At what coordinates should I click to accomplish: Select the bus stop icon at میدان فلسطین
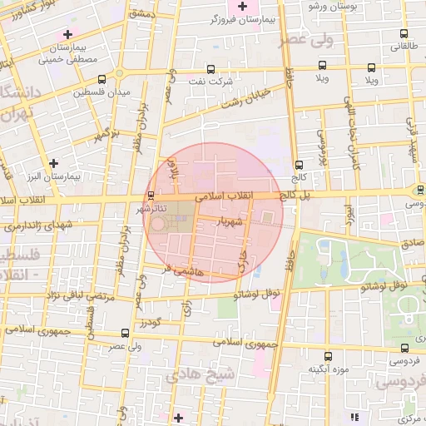click(102, 80)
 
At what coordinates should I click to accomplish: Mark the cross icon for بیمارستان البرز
click(54, 163)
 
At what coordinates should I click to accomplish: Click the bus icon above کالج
click(300, 164)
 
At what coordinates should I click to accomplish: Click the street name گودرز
click(150, 322)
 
